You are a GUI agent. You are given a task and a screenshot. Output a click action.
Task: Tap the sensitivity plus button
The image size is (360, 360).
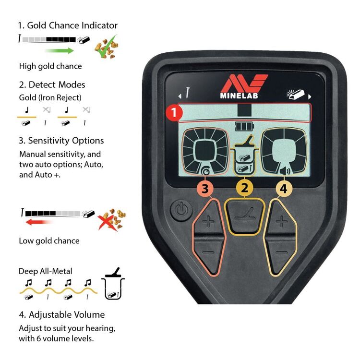[209, 222]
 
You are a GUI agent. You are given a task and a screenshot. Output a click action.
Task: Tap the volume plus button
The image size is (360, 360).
[282, 221]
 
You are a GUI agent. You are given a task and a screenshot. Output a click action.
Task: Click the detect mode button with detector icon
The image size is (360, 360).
[245, 216]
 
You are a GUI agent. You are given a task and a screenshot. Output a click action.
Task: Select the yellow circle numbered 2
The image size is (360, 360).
[244, 188]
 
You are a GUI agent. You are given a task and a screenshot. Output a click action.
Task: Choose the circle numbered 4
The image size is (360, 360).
[283, 189]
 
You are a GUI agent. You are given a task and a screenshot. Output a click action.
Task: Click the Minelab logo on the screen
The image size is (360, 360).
[244, 87]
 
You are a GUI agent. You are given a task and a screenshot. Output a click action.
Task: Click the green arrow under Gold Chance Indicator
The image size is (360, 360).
[60, 50]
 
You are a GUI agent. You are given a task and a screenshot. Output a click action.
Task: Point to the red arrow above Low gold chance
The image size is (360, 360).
[39, 222]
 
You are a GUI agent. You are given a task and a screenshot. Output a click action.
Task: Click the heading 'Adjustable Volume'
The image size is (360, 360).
[62, 315]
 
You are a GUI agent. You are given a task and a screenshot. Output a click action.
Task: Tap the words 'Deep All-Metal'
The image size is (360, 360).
[46, 271]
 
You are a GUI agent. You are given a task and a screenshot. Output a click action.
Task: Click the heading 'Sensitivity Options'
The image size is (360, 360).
[61, 141]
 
